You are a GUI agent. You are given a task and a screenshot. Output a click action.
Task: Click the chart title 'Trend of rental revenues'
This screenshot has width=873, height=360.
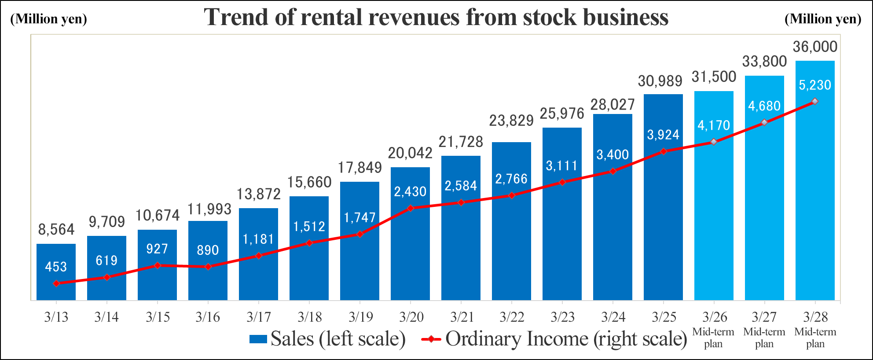click(436, 18)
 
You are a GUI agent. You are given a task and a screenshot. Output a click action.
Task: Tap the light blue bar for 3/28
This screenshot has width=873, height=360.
click(815, 198)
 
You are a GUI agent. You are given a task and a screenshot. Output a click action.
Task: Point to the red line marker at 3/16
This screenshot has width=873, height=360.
click(208, 267)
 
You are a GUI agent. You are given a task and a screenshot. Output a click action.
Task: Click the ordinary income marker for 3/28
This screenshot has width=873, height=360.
click(815, 102)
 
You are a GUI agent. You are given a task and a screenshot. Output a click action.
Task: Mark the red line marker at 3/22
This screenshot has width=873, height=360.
click(511, 195)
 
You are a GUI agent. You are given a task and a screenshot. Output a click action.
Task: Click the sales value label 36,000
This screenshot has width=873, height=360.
click(815, 47)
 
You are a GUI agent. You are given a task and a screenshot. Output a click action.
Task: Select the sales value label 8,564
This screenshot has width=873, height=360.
click(56, 229)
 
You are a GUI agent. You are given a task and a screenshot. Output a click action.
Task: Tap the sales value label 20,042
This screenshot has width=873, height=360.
click(410, 153)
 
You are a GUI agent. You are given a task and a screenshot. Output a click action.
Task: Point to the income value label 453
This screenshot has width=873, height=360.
click(56, 267)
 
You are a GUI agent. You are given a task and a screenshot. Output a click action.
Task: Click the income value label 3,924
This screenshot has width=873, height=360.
click(663, 135)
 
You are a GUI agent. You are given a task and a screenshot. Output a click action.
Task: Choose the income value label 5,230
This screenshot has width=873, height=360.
click(815, 85)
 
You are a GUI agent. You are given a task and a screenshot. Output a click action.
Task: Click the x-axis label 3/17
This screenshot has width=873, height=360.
click(259, 317)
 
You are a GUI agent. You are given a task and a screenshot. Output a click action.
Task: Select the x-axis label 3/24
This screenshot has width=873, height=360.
click(613, 317)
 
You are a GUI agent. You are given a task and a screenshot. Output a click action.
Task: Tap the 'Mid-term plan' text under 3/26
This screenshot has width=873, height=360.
click(713, 338)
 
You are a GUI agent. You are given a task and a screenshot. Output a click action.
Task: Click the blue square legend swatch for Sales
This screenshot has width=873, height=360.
click(258, 339)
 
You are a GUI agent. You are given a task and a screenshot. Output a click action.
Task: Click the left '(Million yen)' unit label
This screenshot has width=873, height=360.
click(48, 19)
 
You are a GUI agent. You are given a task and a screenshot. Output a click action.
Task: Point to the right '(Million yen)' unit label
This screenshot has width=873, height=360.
click(823, 19)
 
